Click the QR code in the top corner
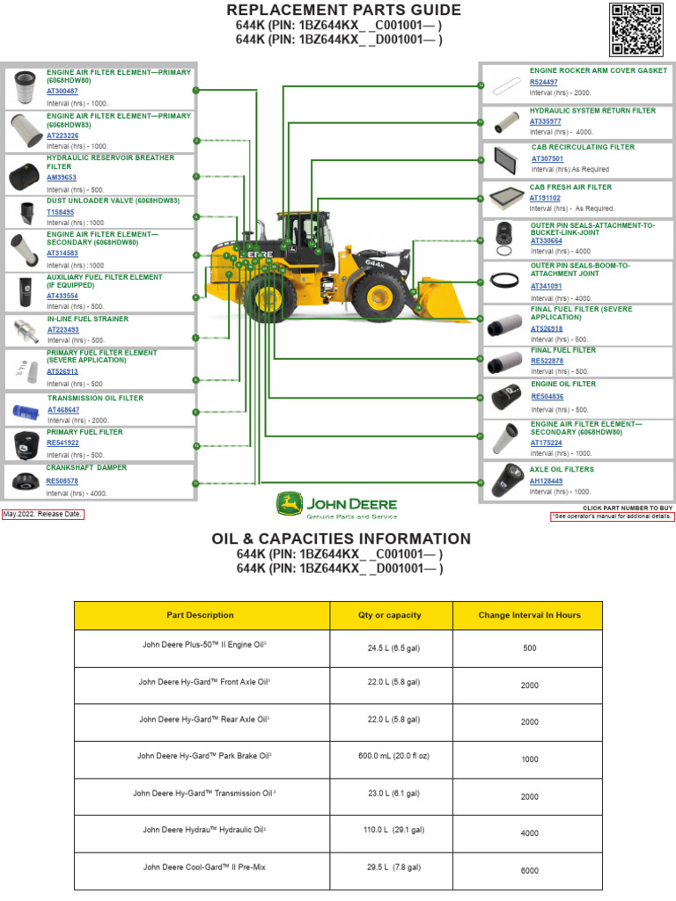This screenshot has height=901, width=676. [x=636, y=29]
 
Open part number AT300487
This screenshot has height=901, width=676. [x=62, y=92]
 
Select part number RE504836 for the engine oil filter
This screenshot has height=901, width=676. [x=547, y=397]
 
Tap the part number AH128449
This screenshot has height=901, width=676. [x=546, y=481]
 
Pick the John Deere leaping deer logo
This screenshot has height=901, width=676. [x=288, y=505]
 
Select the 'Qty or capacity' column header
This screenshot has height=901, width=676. [x=390, y=615]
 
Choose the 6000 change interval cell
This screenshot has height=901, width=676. [x=529, y=870]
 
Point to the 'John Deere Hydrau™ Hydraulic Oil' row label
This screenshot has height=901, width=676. [x=204, y=830]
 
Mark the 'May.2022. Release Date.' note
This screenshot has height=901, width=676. [x=43, y=514]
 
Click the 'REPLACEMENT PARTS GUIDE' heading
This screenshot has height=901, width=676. [x=343, y=11]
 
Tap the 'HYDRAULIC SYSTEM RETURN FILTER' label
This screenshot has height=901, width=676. [x=592, y=111]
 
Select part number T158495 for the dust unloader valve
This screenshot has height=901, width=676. [x=61, y=212]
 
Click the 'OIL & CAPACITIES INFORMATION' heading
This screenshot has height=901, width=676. [x=341, y=538]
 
